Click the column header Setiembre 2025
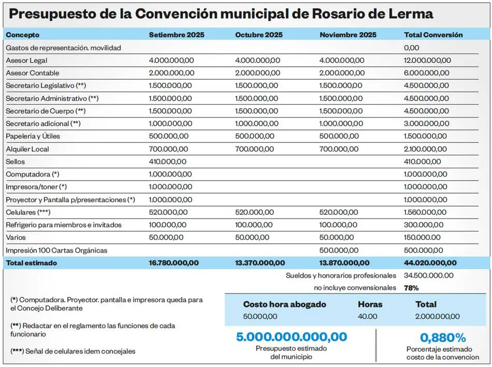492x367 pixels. point(177,35)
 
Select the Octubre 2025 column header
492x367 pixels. point(259,35)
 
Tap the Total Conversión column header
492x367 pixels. point(433,35)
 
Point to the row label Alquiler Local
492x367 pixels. point(27,149)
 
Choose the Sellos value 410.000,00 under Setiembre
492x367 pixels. point(168,162)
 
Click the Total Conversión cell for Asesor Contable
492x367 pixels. point(427,73)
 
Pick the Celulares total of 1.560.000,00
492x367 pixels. point(427,212)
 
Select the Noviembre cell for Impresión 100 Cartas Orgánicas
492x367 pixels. point(339,251)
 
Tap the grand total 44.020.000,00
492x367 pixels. point(430,263)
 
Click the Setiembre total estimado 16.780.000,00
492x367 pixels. point(173,263)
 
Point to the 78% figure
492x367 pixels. point(411,288)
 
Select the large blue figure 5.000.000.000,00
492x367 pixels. point(292,337)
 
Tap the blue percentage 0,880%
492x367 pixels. point(443,338)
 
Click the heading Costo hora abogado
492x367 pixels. point(285,304)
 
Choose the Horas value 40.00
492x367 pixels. point(368,316)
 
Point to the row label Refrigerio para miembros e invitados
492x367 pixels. point(64,225)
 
